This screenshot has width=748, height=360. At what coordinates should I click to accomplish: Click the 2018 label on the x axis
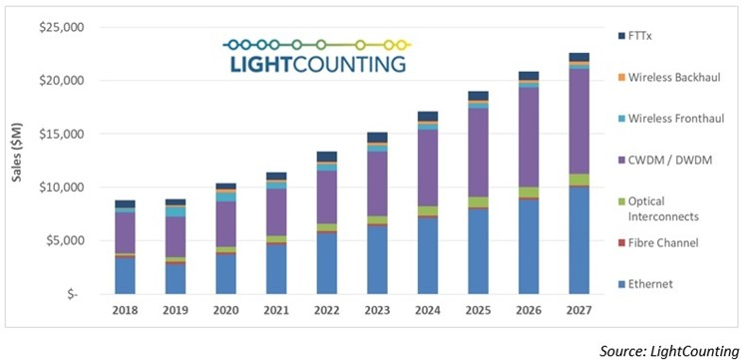124,310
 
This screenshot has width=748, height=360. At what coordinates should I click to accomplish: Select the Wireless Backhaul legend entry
676,77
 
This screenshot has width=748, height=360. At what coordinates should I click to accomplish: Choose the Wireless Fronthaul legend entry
677,119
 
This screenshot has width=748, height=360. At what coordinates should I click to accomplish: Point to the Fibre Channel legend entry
669,242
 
